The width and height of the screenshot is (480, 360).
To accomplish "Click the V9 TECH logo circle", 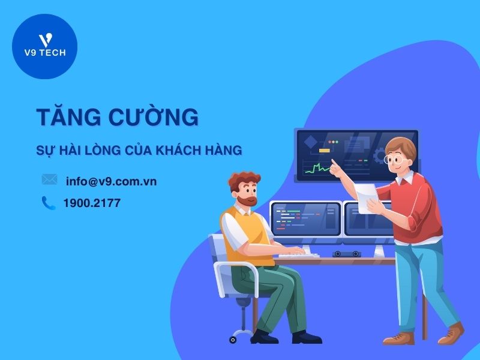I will click(x=45, y=47).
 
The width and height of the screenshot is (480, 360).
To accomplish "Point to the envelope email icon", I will click(x=49, y=179).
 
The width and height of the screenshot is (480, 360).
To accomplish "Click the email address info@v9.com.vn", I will click(x=111, y=181).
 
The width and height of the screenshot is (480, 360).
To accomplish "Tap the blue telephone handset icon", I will click(x=49, y=203).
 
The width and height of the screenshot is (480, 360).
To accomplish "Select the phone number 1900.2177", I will click(x=92, y=203).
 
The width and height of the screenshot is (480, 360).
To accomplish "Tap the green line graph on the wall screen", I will click(x=318, y=167).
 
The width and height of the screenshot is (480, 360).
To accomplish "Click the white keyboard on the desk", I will click(x=297, y=254).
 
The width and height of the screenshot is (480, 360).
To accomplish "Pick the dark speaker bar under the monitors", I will click(x=347, y=254).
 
